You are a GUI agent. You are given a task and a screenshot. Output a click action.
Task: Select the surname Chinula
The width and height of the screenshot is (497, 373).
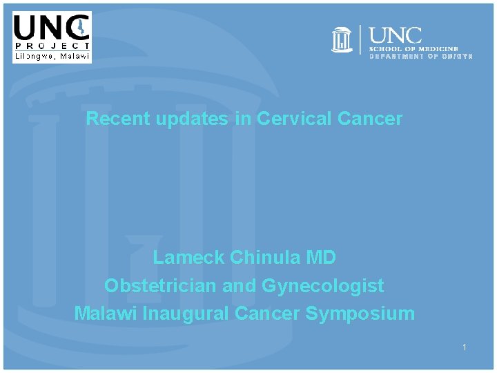point(264,258)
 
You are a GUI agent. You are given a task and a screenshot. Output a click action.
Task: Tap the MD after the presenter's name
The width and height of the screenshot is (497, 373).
point(320,258)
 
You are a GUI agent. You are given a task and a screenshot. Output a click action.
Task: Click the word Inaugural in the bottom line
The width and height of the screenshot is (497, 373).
point(186,313)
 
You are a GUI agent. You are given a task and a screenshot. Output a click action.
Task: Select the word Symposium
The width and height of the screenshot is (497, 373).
point(360,313)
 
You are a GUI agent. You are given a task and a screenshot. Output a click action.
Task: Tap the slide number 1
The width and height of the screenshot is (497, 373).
point(465,347)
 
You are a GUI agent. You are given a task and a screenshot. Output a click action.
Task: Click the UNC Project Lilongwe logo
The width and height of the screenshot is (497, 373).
point(52,37)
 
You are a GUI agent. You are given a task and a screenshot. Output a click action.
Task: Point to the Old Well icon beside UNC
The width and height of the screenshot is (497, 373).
point(342,40)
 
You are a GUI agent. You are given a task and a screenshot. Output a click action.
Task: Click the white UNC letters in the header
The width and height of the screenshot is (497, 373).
point(396,35)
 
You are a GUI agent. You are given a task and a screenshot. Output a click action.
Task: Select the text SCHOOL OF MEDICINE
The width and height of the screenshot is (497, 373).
point(413,49)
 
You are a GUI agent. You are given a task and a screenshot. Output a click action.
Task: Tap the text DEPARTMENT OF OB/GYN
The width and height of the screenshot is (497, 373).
point(421,56)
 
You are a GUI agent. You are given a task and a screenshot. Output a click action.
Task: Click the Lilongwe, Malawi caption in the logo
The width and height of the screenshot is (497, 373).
point(52,57)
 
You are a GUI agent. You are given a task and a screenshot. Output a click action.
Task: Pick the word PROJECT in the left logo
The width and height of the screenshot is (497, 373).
point(52,46)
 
